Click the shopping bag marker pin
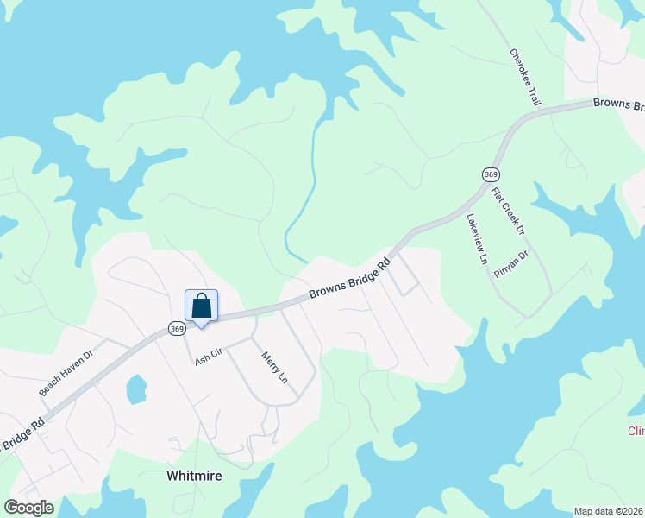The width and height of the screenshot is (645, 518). point(201,306)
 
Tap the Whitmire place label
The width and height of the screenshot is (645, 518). point(194,475)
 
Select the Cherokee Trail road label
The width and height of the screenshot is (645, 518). point(525,77)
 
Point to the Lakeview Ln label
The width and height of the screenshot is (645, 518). point(477,239)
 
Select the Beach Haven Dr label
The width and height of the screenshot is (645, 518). point(65,373)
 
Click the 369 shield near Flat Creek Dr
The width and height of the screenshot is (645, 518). point(491,174)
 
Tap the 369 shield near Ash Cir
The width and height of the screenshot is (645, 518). point(176,328)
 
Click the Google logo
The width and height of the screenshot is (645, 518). point(28,507)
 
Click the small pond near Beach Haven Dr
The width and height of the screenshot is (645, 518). point(136,389)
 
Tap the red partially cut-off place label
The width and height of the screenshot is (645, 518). point(636,431)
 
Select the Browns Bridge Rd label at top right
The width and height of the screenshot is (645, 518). point(618,104)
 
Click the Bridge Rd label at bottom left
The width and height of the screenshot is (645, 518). point(22,436)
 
